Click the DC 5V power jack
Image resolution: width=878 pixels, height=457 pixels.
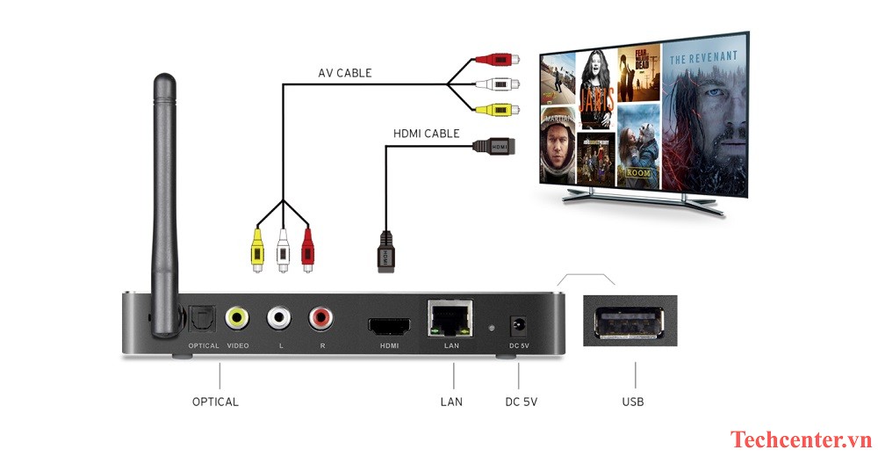518,324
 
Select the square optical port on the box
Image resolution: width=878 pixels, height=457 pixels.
197,317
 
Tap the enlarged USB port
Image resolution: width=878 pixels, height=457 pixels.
630,323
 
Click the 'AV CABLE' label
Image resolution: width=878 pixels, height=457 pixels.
345,73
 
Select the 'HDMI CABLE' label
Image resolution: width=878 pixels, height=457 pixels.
427,134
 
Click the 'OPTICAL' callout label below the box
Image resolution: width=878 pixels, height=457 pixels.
215,402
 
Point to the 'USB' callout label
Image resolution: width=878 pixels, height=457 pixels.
632,402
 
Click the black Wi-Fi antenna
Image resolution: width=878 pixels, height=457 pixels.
164,202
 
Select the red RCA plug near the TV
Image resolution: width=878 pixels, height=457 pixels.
494,60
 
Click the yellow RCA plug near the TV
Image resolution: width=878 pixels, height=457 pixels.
494,110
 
